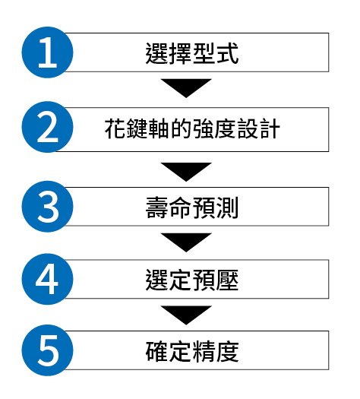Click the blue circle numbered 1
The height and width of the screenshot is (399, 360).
coord(48,52)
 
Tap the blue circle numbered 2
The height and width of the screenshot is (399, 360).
coord(48,127)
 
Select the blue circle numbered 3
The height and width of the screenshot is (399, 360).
coord(48,207)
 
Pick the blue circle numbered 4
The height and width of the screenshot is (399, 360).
coord(48,279)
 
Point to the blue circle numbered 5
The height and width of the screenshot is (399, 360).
coord(48,350)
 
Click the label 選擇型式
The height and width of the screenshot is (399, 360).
coord(192,53)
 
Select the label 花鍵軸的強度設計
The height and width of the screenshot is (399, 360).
coord(192,128)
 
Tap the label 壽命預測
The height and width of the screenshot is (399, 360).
coord(192,207)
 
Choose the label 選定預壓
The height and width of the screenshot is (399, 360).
coord(192,280)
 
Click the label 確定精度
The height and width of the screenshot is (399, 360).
coord(192,351)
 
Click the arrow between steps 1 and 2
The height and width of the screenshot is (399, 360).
coord(186,88)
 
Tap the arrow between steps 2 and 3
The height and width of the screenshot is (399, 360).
coord(186,172)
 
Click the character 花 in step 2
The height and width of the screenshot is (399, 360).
coord(115,128)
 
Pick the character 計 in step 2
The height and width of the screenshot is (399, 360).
coord(269,128)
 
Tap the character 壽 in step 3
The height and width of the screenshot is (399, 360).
coord(157,207)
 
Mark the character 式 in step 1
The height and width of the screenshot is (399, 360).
coord(228,53)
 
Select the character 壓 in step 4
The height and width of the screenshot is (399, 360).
coord(228,280)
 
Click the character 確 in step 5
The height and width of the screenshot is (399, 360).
coord(157,351)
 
